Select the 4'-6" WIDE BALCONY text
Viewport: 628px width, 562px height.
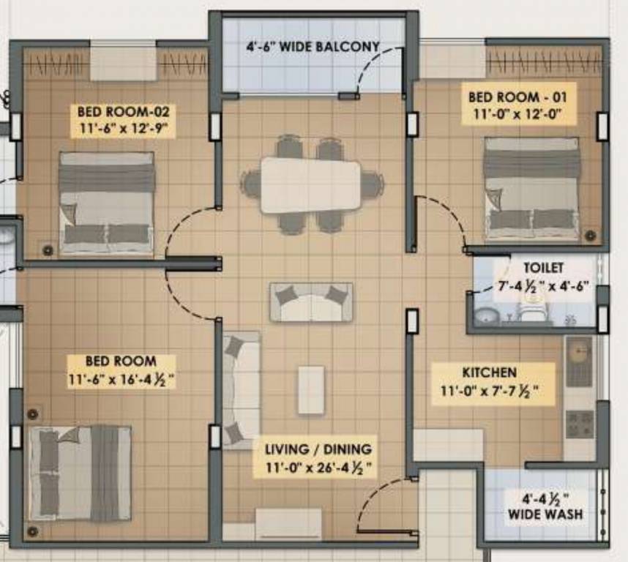point(313,48)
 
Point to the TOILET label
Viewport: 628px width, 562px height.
point(543,268)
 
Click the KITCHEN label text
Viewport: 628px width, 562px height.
point(489,372)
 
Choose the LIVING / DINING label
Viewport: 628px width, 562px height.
point(318,449)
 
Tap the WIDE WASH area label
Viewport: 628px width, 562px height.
point(545,514)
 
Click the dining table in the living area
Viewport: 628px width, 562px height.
point(310,184)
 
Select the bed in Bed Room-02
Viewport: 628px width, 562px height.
point(107,203)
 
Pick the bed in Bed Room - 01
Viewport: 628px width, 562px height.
point(531,189)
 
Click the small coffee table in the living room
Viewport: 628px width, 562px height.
point(311,389)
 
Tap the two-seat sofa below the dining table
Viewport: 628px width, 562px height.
point(311,301)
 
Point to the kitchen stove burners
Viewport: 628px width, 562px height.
point(580,423)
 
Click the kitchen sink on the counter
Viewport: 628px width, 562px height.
point(578,361)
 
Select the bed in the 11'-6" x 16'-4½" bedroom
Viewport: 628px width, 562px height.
point(80,473)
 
